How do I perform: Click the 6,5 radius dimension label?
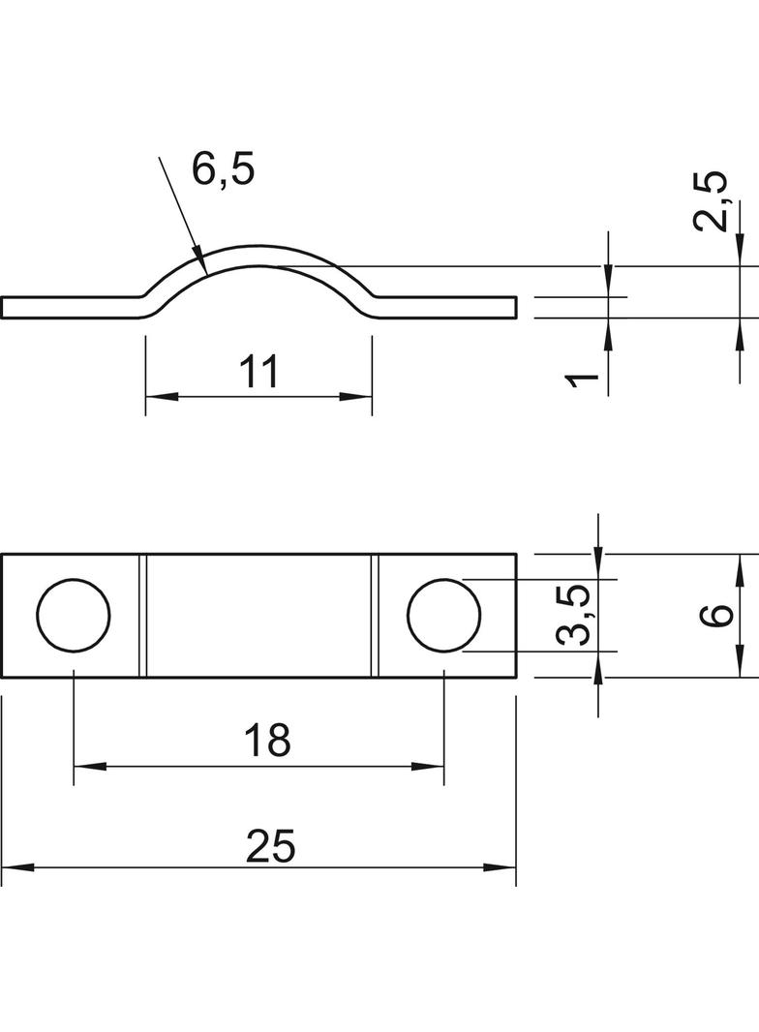(x=223, y=169)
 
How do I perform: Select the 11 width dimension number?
(x=258, y=372)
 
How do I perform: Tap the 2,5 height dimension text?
(x=711, y=201)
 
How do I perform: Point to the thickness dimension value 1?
(x=583, y=379)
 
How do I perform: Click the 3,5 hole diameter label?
(x=572, y=616)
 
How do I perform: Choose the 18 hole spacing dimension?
(x=267, y=740)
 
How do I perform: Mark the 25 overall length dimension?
(x=270, y=846)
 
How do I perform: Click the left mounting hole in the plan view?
(x=74, y=616)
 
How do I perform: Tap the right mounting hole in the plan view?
(x=444, y=616)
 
